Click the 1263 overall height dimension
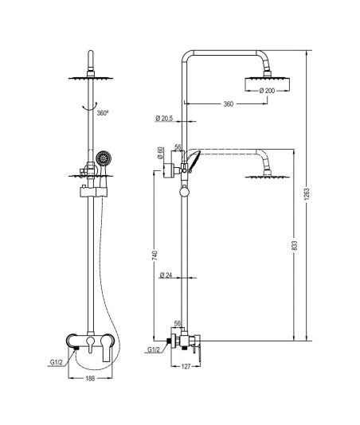307,196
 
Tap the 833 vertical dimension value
295,246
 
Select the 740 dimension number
155,255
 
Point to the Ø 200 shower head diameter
267,91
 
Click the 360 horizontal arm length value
228,103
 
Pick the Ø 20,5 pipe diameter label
164,119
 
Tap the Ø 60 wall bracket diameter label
160,153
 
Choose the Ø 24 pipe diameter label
166,275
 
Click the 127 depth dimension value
186,366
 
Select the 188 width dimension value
90,378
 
